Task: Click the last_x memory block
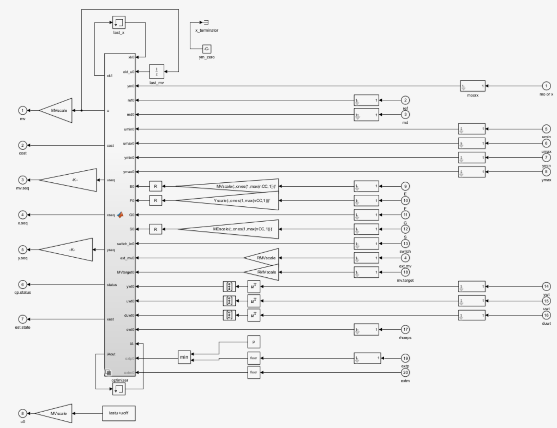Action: click(119, 23)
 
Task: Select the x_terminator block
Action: click(206, 23)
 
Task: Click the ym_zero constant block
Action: click(207, 49)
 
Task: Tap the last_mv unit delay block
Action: click(157, 72)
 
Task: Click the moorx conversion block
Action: click(473, 86)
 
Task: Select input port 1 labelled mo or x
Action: click(546, 86)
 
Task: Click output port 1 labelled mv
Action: click(23, 110)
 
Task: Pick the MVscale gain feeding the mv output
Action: click(58, 110)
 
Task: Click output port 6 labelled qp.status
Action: click(23, 285)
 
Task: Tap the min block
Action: click(184, 357)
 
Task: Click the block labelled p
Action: click(254, 342)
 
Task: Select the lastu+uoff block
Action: click(119, 413)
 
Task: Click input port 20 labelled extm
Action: click(405, 372)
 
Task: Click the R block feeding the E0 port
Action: click(156, 186)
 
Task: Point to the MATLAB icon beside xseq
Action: click(120, 215)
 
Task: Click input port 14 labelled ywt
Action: click(546, 286)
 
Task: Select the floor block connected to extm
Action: click(254, 372)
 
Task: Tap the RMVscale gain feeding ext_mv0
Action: click(264, 258)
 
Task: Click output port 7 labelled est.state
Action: click(23, 319)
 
